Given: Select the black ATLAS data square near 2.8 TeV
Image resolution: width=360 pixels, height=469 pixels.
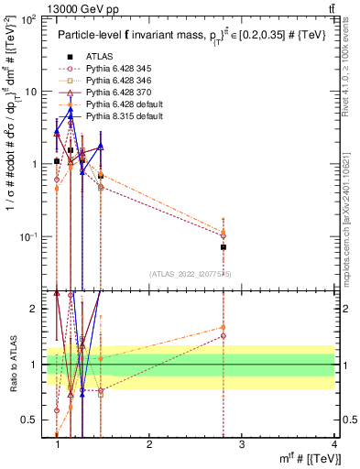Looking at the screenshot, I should [x=224, y=247].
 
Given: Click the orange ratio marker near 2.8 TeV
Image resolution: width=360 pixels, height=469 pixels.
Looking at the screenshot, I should [x=224, y=327].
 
